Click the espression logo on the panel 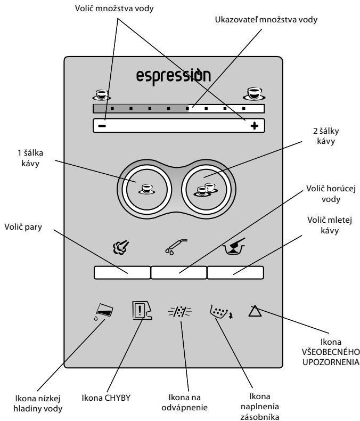click(173, 77)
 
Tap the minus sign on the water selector click(102, 126)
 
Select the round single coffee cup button click(147, 189)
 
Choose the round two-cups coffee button click(206, 189)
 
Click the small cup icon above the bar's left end click(102, 95)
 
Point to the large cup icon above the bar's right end click(254, 94)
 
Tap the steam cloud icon click(121, 247)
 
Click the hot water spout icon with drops click(176, 247)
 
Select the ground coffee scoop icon click(234, 246)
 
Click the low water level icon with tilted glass click(103, 311)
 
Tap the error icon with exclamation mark click(142, 310)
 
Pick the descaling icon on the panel click(179, 311)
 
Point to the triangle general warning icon click(255, 311)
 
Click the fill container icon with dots click(222, 312)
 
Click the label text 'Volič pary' click(23, 227)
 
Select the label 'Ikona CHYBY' click(106, 398)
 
